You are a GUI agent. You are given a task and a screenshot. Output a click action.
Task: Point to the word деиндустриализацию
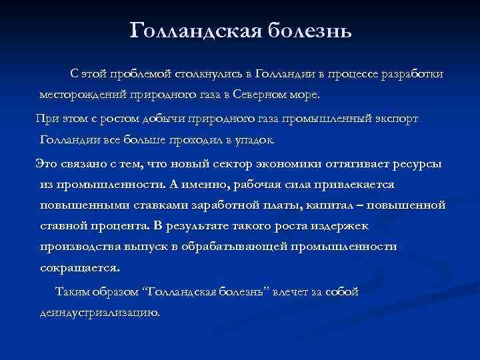pos(99,313)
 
